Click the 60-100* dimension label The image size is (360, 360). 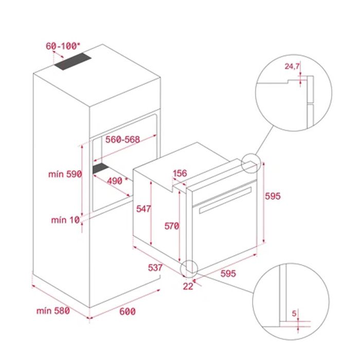click(63, 46)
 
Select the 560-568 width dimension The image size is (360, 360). click(122, 139)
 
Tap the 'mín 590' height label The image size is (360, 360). click(65, 174)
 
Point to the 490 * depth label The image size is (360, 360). click(117, 181)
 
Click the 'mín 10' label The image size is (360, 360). click(65, 220)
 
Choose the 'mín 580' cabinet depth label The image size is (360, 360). click(53, 311)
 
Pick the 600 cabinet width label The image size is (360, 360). click(128, 311)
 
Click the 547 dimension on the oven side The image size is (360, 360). click(143, 209)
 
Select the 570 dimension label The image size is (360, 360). click(172, 226)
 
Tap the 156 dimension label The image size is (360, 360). click(180, 173)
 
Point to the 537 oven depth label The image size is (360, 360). click(155, 267)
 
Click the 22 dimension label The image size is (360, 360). click(188, 286)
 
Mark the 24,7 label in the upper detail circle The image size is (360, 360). click(292, 66)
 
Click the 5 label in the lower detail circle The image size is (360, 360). click(294, 313)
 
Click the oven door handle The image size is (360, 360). click(225, 200)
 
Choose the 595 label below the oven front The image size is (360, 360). click(228, 274)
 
